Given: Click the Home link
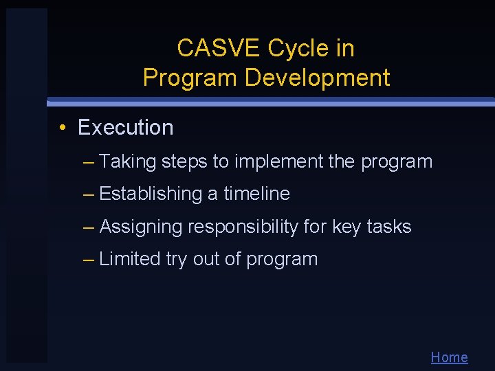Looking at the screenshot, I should [449, 357].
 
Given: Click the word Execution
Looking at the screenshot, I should [126, 128].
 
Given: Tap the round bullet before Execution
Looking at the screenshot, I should [63, 128].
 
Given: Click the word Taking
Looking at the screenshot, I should [128, 162].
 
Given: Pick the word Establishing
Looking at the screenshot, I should [144, 194].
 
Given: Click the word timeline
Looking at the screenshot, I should [256, 194].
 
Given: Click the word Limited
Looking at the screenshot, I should [130, 260].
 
